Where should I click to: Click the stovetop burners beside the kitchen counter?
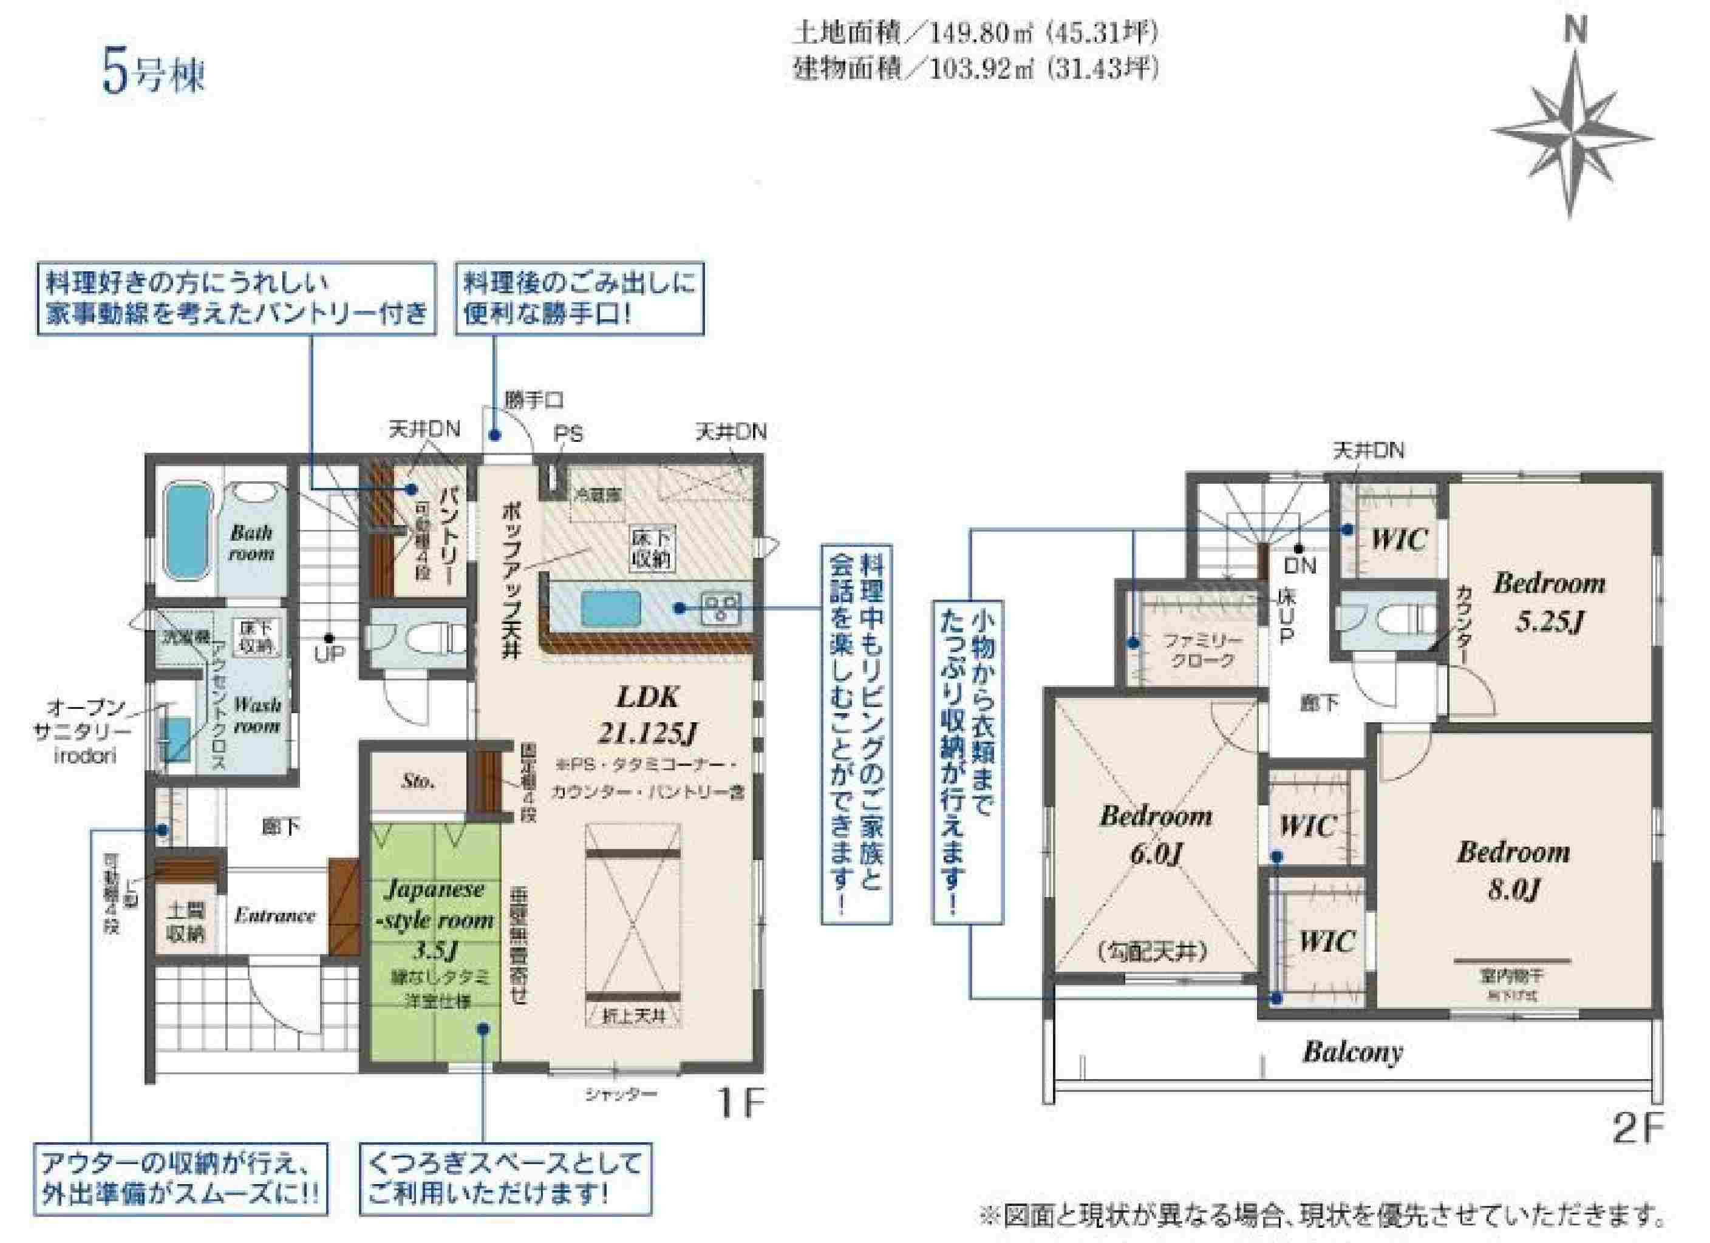coord(721,607)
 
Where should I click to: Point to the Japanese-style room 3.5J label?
coord(437,920)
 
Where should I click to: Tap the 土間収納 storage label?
coord(185,922)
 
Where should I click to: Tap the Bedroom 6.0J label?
coord(1156,835)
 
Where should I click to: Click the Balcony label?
coord(1352,1052)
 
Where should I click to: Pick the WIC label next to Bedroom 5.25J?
coord(1398,539)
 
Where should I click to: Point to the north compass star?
coord(1572,136)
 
